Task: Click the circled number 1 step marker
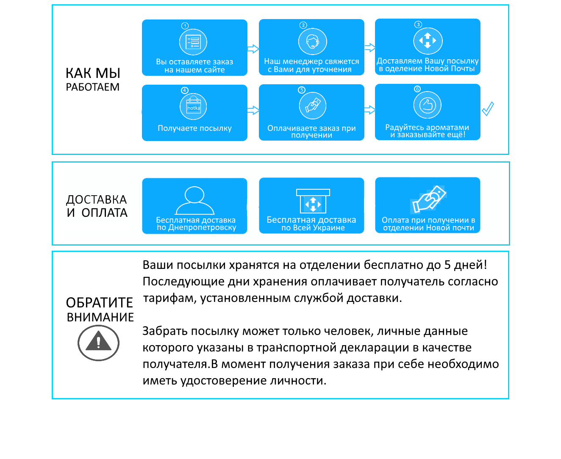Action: click(185, 26)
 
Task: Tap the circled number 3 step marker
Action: click(418, 25)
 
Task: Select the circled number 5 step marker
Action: click(301, 90)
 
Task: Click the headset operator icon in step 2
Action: click(313, 41)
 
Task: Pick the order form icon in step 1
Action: click(193, 42)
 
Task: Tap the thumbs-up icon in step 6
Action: click(428, 105)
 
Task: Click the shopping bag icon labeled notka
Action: click(193, 107)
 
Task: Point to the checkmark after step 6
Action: click(488, 109)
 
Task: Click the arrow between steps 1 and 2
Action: click(253, 49)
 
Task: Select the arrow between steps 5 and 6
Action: click(370, 110)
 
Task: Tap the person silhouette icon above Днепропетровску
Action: click(194, 200)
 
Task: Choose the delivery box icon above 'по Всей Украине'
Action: click(313, 201)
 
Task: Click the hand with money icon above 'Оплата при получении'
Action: click(428, 199)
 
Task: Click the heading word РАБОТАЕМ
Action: click(92, 87)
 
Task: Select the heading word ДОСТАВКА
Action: click(97, 199)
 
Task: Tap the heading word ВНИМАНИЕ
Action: click(100, 317)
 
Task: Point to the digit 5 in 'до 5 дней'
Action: click(447, 265)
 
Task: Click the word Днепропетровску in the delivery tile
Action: click(202, 227)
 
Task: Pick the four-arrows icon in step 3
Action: click(428, 41)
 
